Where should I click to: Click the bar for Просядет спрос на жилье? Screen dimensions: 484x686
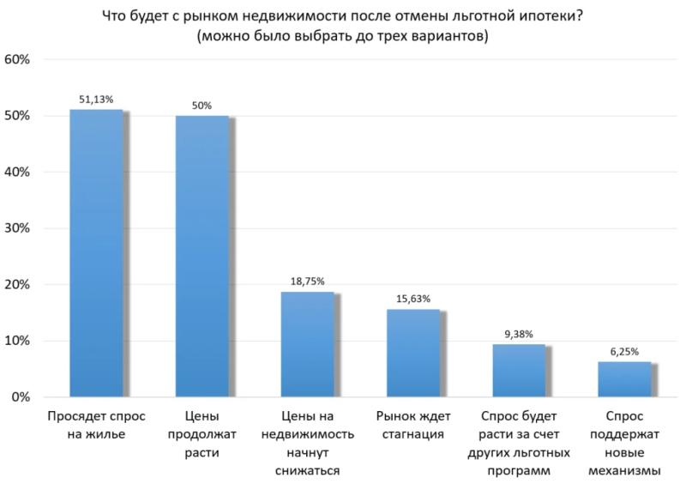coord(96,253)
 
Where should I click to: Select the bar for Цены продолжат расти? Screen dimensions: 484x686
coord(202,256)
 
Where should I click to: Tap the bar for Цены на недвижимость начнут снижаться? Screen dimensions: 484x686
coord(308,344)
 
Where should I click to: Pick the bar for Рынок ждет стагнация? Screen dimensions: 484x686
coord(413,353)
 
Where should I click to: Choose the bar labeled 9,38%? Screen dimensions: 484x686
coord(519,371)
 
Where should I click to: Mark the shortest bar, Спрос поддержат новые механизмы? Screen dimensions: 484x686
coord(624,379)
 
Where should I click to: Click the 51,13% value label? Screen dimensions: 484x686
coord(96,100)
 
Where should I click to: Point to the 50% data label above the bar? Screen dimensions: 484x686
coord(202,106)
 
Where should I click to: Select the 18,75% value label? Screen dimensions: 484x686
coord(308,281)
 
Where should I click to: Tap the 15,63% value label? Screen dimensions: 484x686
coord(413,299)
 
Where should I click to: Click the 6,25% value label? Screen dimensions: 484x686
coord(624,352)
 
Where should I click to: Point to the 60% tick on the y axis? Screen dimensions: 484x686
coord(19,60)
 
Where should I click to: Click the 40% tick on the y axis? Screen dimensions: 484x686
coord(19,172)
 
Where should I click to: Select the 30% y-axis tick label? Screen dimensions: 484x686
coord(19,229)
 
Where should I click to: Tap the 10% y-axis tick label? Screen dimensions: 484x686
coord(19,342)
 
